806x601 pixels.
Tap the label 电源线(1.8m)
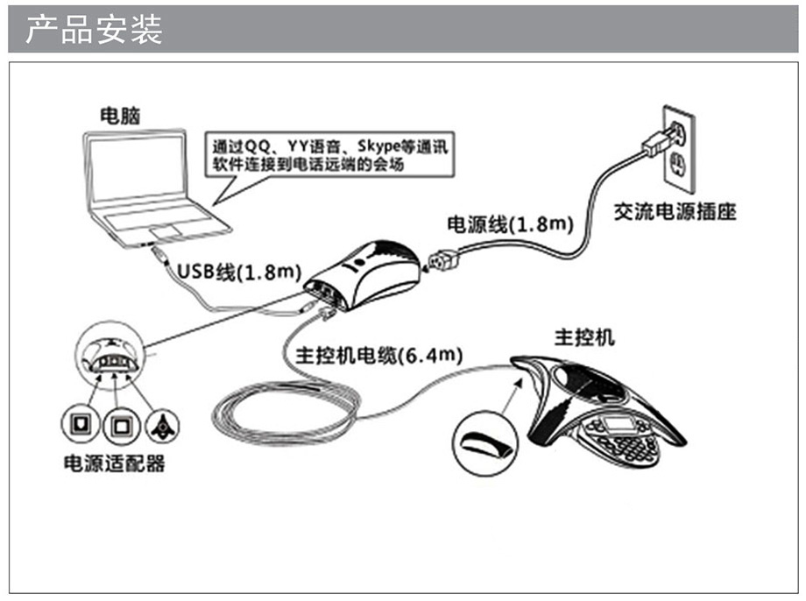point(510,224)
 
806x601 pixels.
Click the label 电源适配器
point(114,463)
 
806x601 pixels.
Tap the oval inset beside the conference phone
point(487,437)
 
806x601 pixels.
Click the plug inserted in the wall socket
point(658,142)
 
